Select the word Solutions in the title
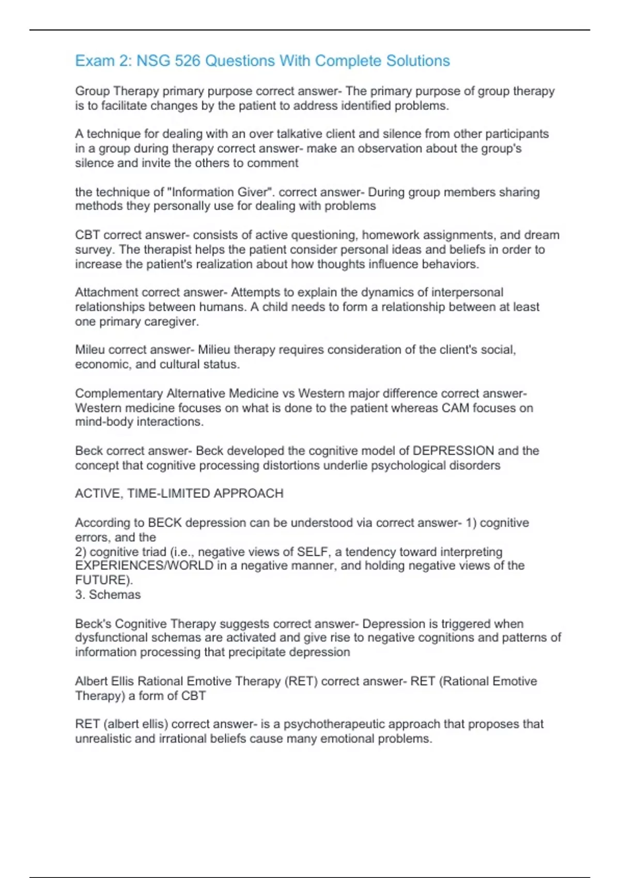[x=418, y=61]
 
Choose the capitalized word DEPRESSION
[x=453, y=451]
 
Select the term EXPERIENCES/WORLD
[x=144, y=566]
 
